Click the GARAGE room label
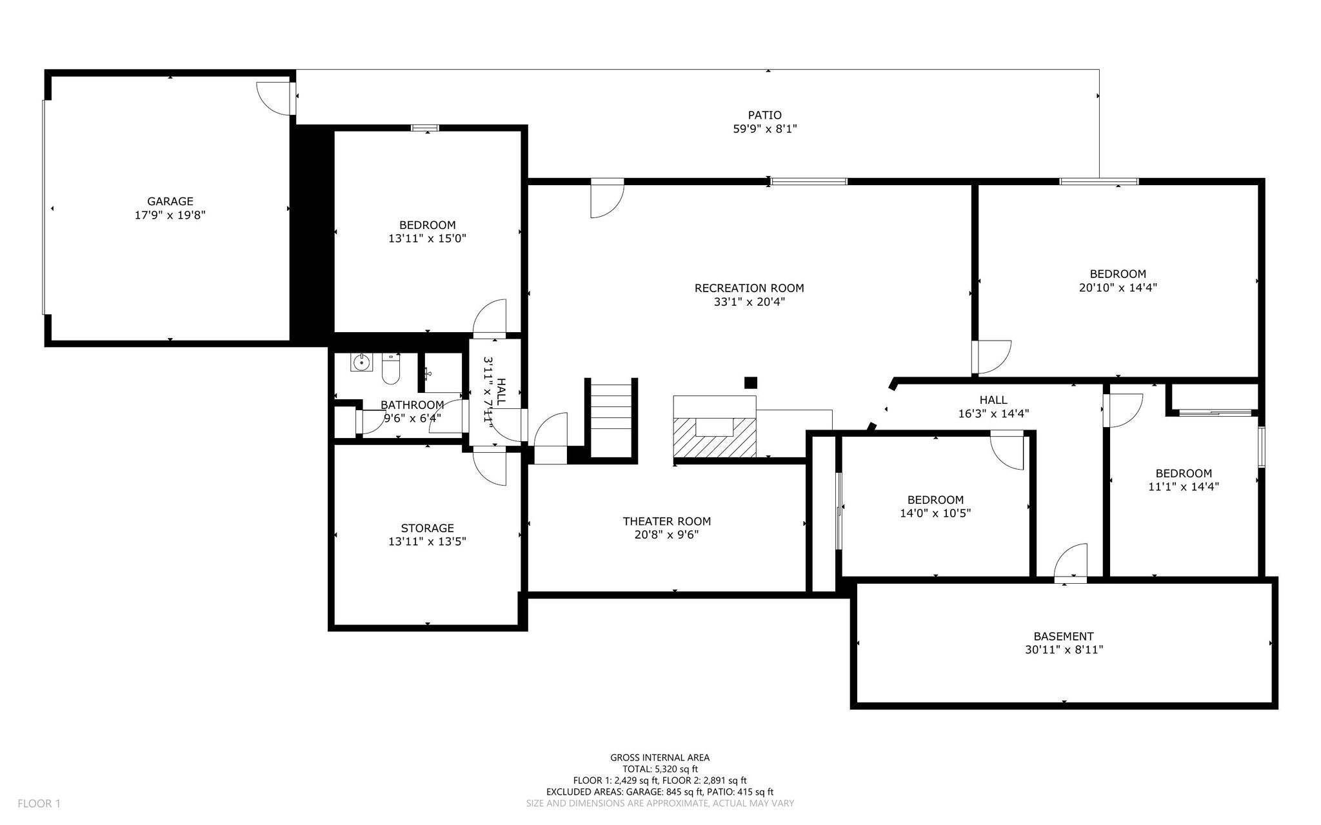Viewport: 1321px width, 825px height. (170, 201)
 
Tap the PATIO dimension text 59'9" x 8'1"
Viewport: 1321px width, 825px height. (764, 129)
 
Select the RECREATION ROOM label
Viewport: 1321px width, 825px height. (749, 288)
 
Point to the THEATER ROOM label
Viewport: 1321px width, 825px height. (667, 521)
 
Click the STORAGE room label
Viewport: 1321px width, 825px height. (427, 528)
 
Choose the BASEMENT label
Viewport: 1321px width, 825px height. (1064, 636)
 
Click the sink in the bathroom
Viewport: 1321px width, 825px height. (361, 363)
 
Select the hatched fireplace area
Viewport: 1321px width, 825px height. (715, 437)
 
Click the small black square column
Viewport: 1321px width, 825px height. (750, 383)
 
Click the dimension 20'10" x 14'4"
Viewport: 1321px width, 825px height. (1118, 288)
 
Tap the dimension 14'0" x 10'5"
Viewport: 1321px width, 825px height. (935, 513)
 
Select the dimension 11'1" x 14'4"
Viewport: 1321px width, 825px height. (1184, 487)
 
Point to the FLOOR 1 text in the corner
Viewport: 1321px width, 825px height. (39, 804)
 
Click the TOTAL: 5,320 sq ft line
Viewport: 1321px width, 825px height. (660, 769)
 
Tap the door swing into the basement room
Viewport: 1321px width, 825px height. (1071, 561)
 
